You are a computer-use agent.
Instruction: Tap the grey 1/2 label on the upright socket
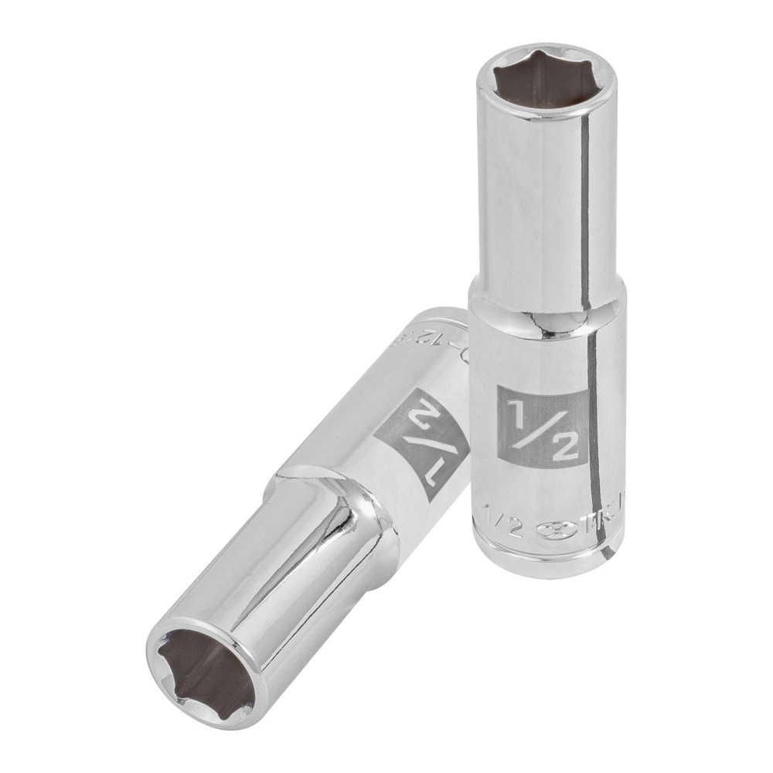542,426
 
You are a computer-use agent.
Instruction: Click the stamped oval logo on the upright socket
550,530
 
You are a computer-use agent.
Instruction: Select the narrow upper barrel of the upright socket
533,209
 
